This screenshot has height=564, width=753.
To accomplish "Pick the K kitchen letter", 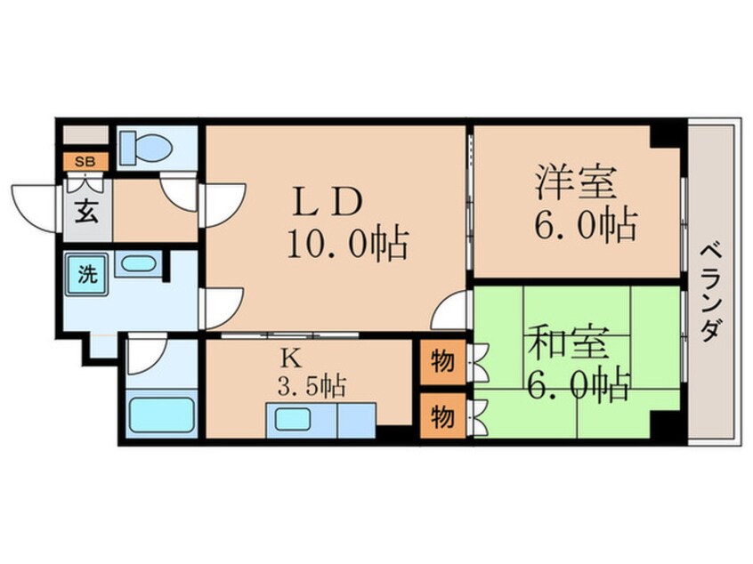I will tap(289, 358).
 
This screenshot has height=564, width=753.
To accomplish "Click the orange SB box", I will tap(85, 162).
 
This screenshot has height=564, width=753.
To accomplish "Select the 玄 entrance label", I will tap(85, 214).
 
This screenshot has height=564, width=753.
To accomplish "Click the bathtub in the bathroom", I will tap(162, 414).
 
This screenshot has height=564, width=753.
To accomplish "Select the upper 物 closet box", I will tap(442, 363).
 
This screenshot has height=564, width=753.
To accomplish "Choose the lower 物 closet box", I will tap(442, 415).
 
